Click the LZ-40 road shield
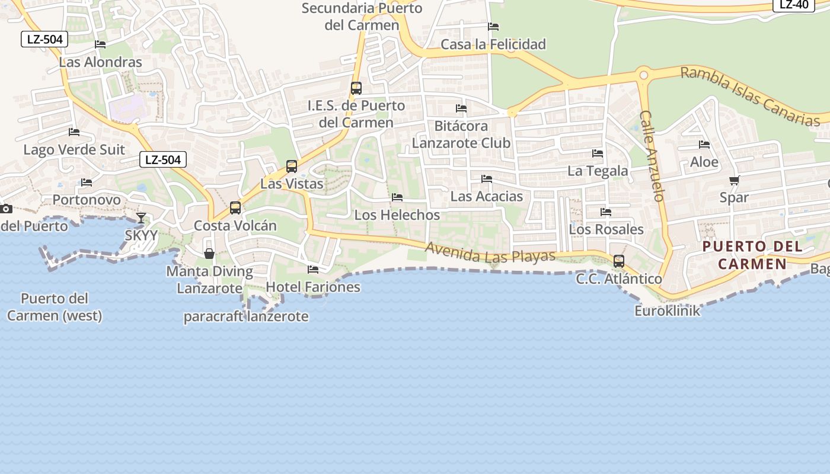793,4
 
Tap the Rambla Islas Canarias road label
749,96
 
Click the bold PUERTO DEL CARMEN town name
753,255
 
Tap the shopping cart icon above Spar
734,180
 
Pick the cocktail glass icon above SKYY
141,218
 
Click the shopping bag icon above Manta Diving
209,254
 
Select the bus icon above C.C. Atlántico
618,261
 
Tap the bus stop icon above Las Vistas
291,166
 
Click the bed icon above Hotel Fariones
313,270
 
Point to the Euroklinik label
667,310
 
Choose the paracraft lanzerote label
245,316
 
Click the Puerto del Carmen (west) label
55,307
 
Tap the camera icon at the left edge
6,209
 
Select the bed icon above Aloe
704,145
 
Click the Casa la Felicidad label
493,44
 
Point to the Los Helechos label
397,215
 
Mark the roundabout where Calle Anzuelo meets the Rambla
643,75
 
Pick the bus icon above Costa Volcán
235,208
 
